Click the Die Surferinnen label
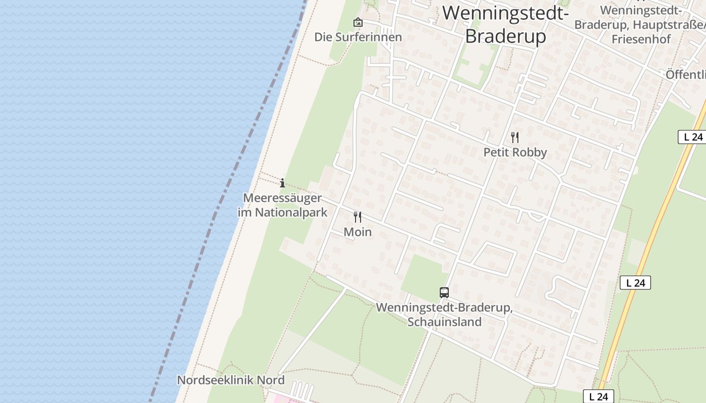(358, 37)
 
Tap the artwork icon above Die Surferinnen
(358, 22)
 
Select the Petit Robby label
(515, 152)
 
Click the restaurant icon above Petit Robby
(515, 137)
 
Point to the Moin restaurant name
(358, 232)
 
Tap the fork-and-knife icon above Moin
(358, 217)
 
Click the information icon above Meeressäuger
(282, 183)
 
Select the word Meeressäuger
(282, 198)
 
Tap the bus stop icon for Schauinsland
(444, 292)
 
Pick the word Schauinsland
(444, 322)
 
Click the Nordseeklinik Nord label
(230, 380)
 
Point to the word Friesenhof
(641, 39)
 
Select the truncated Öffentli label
(686, 75)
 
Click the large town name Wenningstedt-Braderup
(506, 24)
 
